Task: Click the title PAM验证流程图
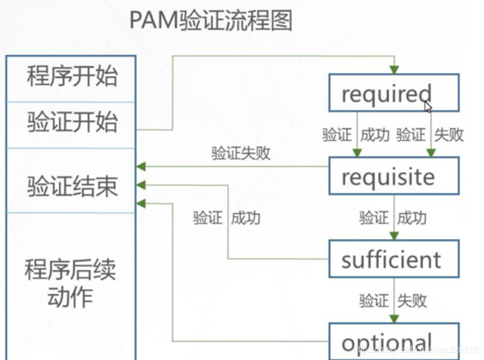211,21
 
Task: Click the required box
394,93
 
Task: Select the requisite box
394,176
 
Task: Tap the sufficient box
394,259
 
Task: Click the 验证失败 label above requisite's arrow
241,153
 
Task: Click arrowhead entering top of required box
394,70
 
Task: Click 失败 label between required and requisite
449,135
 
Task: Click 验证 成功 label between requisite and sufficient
393,218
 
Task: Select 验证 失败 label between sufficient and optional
393,301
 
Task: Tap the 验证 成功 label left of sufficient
227,218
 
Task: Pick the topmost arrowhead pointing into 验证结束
141,167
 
